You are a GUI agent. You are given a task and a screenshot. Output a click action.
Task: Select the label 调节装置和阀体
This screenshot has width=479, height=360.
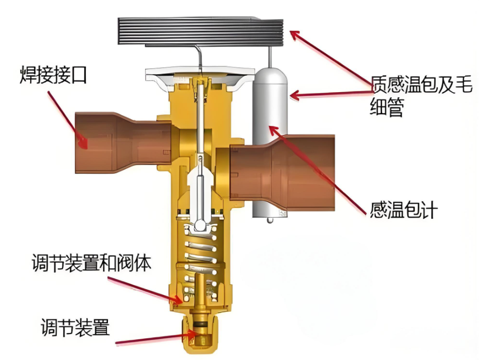point(92,263)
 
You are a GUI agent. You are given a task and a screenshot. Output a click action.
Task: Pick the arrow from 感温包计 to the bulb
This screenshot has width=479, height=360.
point(318,169)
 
